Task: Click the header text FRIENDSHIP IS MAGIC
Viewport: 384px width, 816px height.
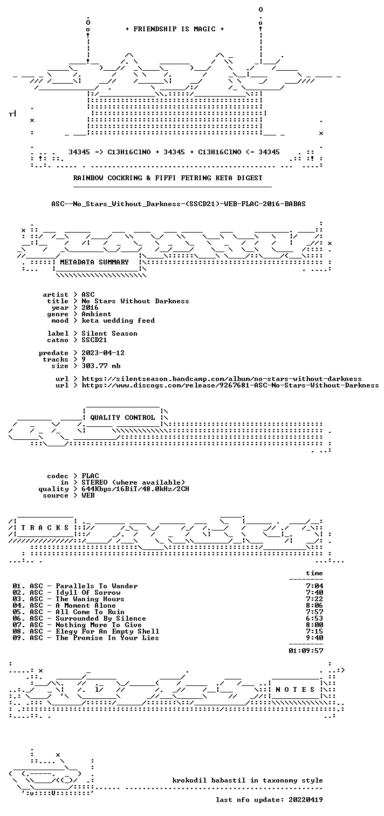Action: click(174, 29)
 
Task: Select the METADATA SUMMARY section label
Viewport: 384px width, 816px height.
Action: click(94, 262)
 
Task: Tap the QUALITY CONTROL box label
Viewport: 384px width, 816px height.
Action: click(122, 418)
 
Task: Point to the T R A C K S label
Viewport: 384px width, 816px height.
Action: click(45, 528)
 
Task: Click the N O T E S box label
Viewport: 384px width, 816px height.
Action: click(295, 690)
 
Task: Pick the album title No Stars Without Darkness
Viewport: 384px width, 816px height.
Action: click(135, 301)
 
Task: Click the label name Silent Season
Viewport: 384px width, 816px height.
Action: click(109, 334)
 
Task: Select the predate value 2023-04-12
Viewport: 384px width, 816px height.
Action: click(103, 353)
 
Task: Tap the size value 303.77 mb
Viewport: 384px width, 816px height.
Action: click(101, 366)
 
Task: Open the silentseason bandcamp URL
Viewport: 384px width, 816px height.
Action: click(222, 379)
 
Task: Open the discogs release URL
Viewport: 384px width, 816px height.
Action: click(230, 385)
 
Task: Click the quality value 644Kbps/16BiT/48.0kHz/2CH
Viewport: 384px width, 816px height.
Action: click(135, 489)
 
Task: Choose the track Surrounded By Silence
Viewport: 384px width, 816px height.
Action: click(101, 618)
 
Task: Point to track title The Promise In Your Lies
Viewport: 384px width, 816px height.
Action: click(107, 638)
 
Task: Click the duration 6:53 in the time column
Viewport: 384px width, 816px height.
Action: click(314, 618)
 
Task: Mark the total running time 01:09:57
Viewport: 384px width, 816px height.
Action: click(306, 651)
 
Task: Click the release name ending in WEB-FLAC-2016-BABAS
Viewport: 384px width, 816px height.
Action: click(179, 204)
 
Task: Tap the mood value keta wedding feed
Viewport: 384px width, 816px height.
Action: click(118, 321)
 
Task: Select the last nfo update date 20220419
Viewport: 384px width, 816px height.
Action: click(306, 800)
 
